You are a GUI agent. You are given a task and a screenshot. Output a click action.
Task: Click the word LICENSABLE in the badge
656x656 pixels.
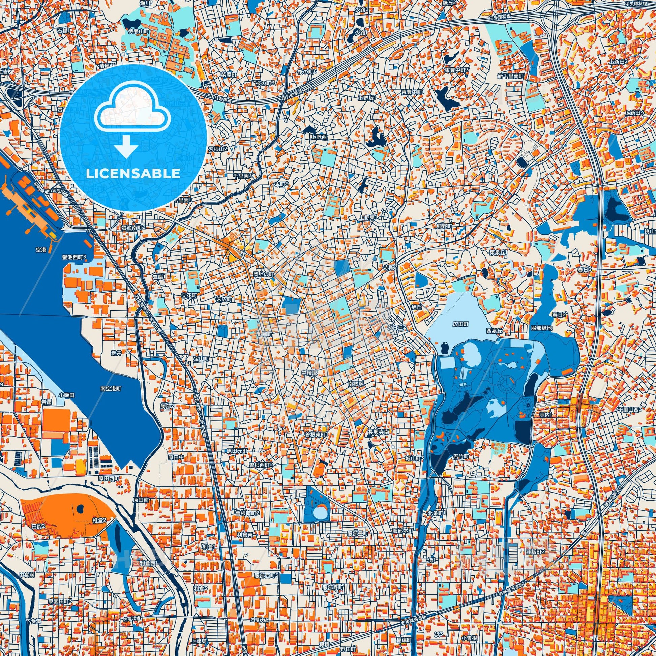[x=133, y=174]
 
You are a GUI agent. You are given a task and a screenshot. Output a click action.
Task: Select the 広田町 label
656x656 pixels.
[x=460, y=324]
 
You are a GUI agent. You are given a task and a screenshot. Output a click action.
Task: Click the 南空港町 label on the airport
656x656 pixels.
[x=111, y=388]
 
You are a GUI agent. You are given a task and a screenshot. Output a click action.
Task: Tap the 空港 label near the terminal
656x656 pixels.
[x=41, y=249]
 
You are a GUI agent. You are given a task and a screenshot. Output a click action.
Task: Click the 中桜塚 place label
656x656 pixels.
[x=310, y=373]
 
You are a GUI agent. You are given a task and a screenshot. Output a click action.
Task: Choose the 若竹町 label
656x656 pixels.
[x=461, y=457]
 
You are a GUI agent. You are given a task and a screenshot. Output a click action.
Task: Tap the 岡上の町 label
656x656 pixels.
[x=263, y=273]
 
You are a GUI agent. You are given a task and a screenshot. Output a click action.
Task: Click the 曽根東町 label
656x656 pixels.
[x=316, y=434]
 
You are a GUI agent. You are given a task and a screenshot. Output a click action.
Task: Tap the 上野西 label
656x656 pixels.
[x=319, y=137]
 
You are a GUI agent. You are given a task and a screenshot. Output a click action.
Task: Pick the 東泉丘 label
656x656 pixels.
[x=498, y=252]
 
